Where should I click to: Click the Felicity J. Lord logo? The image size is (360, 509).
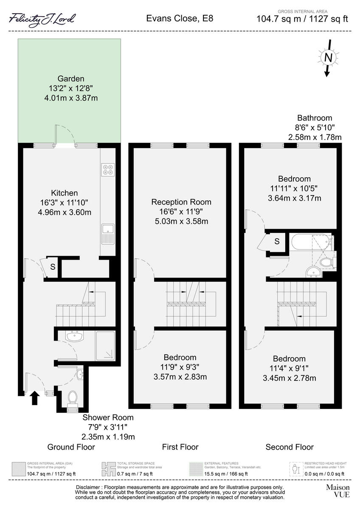coord(42,19)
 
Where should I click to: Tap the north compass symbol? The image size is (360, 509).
coord(328,57)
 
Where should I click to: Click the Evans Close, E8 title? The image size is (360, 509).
coord(180,18)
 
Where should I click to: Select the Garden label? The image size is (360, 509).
coord(71,78)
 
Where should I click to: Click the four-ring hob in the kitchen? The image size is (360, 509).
coord(108,169)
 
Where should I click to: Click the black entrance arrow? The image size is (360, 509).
coord(35,399)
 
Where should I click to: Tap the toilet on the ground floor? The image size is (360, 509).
coord(73,398)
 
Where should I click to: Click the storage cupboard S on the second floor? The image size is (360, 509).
coord(277,241)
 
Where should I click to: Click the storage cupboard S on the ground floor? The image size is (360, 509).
coord(53,267)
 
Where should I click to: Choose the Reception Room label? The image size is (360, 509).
coord(181,202)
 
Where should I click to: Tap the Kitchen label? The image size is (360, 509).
coord(65,193)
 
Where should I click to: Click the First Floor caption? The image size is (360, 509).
coord(180,447)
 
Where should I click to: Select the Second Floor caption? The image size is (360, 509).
coord(290,447)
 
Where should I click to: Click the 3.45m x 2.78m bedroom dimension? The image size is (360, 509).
coord(289,378)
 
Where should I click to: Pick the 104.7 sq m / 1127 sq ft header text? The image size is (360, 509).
coord(302,19)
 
